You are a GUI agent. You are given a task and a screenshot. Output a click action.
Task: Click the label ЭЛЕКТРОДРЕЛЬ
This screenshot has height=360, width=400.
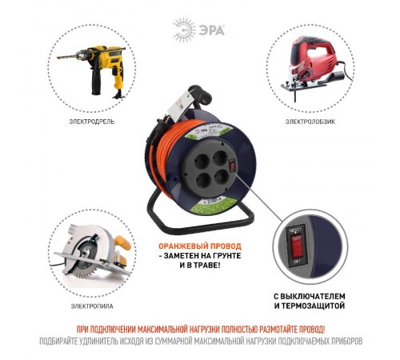(x=91, y=122)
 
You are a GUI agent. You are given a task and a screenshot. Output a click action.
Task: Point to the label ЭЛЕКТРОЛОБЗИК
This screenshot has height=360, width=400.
(x=310, y=122)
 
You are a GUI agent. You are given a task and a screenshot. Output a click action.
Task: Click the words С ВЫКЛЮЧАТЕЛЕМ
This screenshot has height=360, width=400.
(x=311, y=294)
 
